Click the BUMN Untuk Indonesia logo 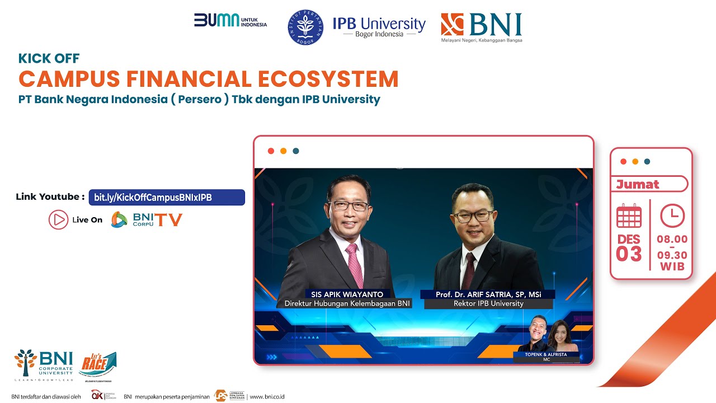pos(230,20)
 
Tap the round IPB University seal pos(305,27)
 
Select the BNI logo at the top pos(481,26)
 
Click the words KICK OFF pos(49,58)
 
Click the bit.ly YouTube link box pos(167,197)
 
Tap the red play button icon pos(58,219)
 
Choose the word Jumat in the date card pos(638,184)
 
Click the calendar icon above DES pos(629,216)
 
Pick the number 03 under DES pos(629,254)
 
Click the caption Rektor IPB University pos(488,303)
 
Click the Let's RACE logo pos(98,366)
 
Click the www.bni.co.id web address pos(267,396)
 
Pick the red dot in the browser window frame pos(271,151)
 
